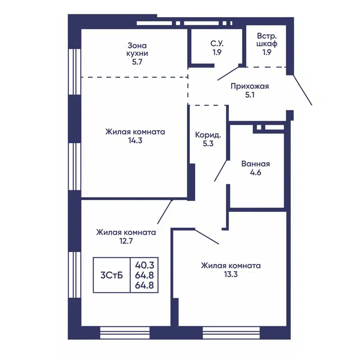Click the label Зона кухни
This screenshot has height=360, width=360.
137,49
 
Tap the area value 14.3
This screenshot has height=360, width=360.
135,140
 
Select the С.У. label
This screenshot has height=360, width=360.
217,43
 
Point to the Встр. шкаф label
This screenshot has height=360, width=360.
267,40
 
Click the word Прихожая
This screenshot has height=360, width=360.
250,86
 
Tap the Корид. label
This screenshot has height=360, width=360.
208,135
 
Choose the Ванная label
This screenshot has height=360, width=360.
256,164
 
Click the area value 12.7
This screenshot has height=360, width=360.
126,241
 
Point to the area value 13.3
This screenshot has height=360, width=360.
231,274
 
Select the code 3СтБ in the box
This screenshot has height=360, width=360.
112,275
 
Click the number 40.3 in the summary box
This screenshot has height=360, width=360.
144,265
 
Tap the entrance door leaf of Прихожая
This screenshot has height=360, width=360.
302,90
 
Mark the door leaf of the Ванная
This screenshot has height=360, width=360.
221,171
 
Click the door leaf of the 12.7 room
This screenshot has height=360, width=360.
165,212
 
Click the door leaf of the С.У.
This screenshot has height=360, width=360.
229,73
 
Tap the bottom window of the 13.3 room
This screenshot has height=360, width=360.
231,333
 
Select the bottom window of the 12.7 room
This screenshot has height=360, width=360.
125,333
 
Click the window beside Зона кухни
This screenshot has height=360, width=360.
75,72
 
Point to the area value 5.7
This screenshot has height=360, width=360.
137,62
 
